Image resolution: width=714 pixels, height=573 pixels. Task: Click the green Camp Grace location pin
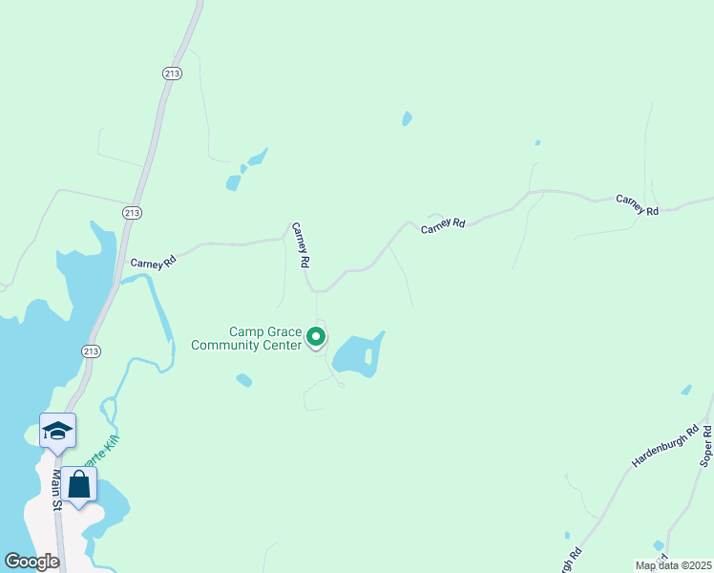[316, 338]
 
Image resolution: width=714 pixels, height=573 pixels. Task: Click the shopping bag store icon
[79, 485]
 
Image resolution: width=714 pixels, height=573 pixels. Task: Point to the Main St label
[56, 489]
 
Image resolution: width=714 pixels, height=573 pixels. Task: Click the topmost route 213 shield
[172, 73]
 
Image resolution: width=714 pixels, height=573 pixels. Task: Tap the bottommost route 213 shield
[91, 350]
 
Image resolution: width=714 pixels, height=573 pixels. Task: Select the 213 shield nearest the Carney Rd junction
[133, 212]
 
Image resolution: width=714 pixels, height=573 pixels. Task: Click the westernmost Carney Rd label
[155, 262]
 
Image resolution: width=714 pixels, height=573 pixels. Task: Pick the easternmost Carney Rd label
[638, 204]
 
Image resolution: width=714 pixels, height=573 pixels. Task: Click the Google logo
[31, 562]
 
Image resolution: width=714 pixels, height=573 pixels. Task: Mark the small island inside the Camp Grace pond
[367, 356]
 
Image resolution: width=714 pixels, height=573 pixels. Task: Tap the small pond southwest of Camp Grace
[244, 380]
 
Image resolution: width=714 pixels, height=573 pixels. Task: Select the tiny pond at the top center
[408, 119]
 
